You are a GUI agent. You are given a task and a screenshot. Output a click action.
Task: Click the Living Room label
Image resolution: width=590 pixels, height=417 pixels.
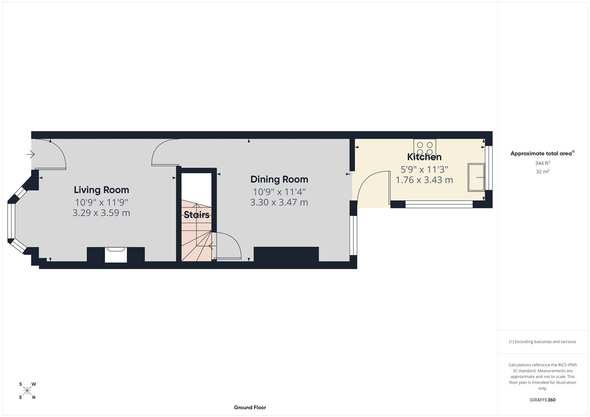[101, 190]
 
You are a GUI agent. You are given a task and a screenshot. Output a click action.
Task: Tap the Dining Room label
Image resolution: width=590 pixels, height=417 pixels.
[279, 180]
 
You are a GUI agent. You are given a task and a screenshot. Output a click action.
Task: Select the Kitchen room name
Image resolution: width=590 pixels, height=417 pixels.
[424, 157]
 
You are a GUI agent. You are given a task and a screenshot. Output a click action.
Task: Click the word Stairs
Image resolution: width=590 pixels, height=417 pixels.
[197, 215]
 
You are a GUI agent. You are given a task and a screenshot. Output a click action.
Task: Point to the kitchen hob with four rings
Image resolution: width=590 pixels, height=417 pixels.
[425, 148]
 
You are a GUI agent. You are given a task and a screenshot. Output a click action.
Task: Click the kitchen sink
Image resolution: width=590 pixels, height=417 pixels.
[476, 178]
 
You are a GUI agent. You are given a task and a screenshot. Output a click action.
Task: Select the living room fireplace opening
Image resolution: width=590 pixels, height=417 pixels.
[116, 255]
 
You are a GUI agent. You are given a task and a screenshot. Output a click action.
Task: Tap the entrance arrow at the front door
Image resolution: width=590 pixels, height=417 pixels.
[31, 154]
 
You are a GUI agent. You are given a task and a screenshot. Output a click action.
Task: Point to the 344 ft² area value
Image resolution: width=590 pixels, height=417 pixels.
[542, 163]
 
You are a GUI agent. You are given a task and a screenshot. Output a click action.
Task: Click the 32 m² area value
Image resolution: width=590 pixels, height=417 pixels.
[542, 171]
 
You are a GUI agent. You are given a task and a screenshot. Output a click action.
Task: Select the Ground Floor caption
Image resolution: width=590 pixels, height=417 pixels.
[250, 407]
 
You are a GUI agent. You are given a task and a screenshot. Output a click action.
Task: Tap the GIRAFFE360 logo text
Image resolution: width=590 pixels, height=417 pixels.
[542, 400]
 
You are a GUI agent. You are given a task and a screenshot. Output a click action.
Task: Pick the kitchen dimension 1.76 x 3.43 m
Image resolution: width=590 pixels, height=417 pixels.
[424, 180]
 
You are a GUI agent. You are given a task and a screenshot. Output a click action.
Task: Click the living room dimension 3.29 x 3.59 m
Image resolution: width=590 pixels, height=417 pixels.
[101, 213]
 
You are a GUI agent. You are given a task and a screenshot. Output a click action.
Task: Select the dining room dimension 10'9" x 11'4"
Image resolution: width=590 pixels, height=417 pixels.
[279, 192]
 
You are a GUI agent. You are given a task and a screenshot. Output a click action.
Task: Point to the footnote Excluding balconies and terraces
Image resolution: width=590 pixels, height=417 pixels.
[542, 342]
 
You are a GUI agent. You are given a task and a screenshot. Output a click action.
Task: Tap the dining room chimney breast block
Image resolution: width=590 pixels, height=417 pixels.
[286, 254]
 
